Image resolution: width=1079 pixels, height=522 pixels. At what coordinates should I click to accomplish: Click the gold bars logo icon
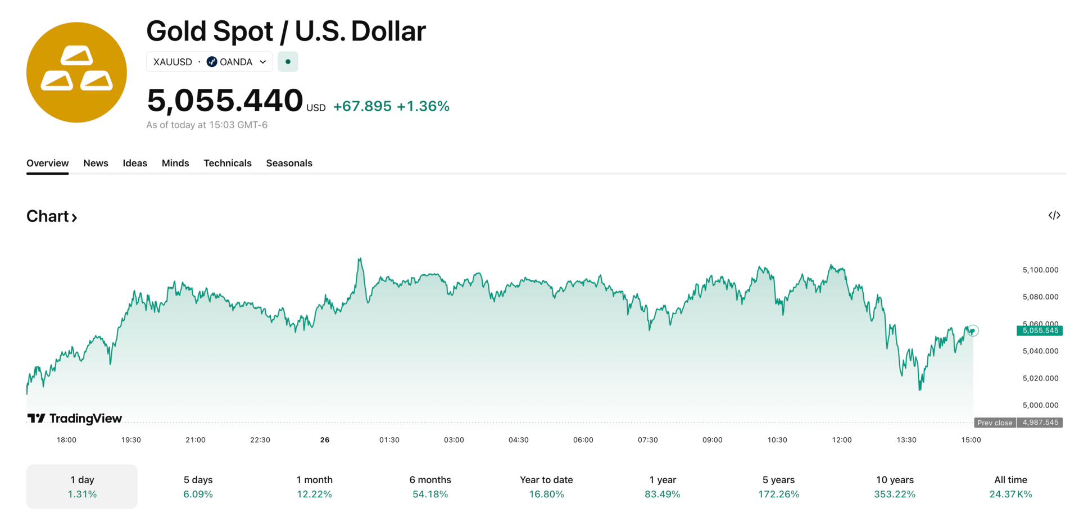[76, 72]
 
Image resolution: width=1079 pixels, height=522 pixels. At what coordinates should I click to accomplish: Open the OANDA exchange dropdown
[236, 62]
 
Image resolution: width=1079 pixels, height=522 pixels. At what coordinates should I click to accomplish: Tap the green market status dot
[288, 62]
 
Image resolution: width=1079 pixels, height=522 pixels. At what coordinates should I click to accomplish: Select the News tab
[96, 163]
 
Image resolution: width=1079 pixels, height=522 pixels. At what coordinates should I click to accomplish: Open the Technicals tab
[227, 163]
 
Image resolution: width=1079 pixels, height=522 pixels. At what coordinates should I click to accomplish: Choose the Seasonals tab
[289, 163]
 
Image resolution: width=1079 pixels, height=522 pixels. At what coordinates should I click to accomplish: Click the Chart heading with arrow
[52, 216]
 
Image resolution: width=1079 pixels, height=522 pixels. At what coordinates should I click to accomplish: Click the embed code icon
[1054, 216]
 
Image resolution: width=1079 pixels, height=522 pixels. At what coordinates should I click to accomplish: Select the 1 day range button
[82, 487]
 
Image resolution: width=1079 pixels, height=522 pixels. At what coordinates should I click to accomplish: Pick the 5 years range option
[778, 487]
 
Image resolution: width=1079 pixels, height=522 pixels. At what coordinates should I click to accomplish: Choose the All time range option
[1010, 487]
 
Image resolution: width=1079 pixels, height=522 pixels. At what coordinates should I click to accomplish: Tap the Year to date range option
[546, 487]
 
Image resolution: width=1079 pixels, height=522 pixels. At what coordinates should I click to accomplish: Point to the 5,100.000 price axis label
[1040, 270]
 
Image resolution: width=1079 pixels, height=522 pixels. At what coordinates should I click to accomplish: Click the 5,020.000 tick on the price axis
[1040, 378]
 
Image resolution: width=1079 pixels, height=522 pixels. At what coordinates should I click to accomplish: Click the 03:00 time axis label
[454, 440]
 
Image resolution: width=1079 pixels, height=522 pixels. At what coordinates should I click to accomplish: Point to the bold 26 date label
[325, 440]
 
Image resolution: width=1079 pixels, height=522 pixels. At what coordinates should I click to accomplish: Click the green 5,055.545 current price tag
[1040, 330]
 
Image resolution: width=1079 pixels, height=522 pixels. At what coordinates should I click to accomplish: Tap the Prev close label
[995, 423]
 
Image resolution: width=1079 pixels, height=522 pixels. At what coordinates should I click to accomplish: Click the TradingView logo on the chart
[75, 419]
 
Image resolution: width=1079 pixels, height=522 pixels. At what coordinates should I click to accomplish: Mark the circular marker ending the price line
[973, 330]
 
